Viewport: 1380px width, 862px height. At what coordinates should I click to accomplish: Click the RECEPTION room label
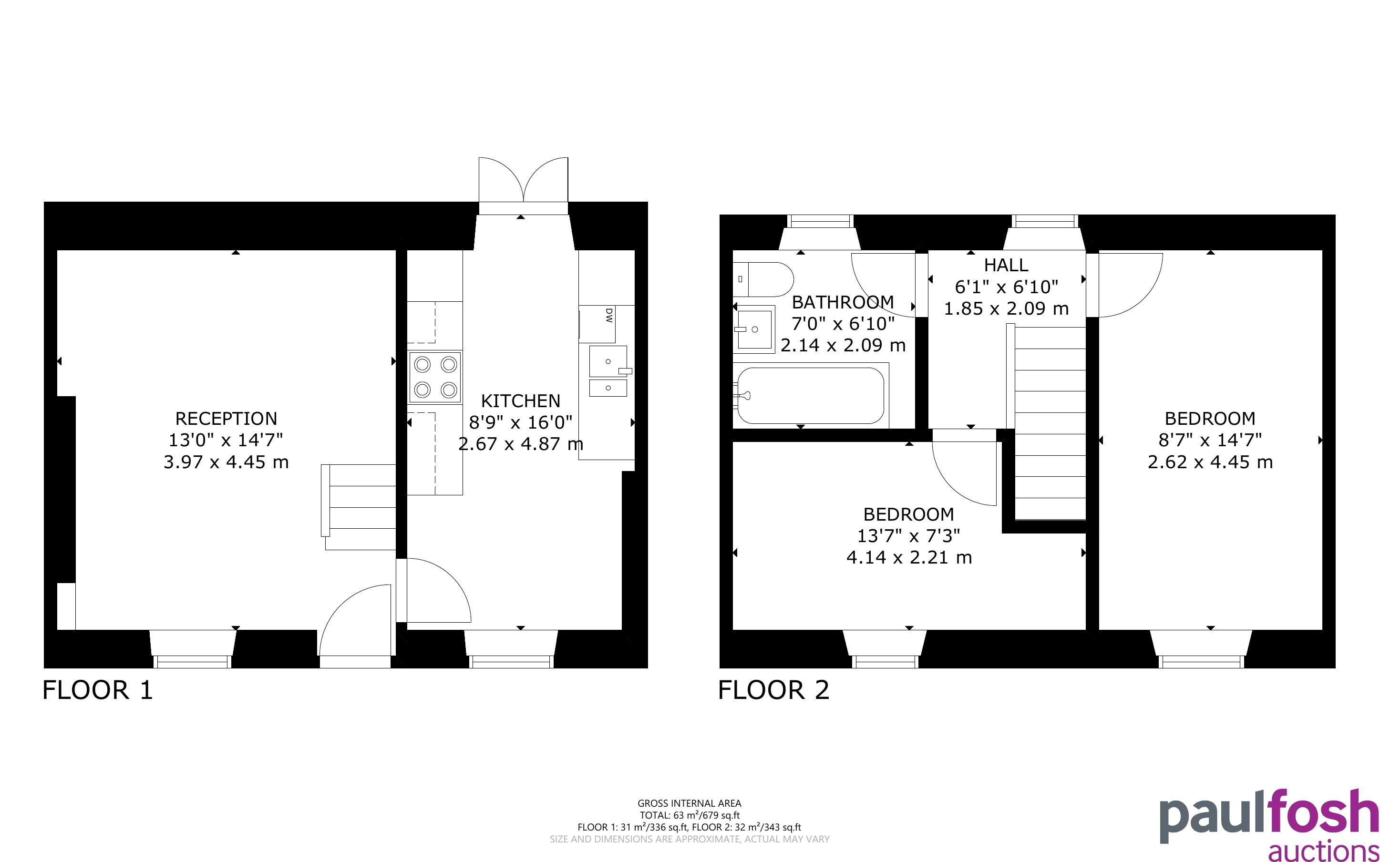coord(227,419)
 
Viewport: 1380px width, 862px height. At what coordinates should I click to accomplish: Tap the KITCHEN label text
coord(520,401)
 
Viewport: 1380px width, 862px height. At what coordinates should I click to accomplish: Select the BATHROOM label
coord(843,302)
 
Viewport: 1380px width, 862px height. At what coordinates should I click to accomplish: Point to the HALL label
coord(1006,265)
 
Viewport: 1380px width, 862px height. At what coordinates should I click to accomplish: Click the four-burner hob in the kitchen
coord(435,377)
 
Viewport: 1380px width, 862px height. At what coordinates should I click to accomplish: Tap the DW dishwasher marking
coord(609,315)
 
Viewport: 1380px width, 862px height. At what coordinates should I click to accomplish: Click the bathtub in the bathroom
coord(811,396)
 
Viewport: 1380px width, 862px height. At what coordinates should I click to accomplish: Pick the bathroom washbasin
coord(753,329)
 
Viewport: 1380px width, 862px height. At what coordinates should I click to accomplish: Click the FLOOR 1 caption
coord(98,690)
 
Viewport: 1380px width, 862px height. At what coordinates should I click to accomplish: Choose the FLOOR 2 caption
coord(773,690)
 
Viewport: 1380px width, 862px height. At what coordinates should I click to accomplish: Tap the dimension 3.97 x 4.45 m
coord(227,462)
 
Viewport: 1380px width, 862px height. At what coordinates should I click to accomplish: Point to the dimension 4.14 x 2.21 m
coord(909,557)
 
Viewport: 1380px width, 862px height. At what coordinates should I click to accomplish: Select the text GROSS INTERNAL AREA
coord(689,804)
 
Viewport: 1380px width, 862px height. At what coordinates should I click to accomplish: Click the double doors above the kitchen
coord(523,186)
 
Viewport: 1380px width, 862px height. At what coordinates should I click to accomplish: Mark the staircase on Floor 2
coord(1047,422)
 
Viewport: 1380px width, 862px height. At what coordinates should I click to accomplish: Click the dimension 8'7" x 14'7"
coord(1210,440)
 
